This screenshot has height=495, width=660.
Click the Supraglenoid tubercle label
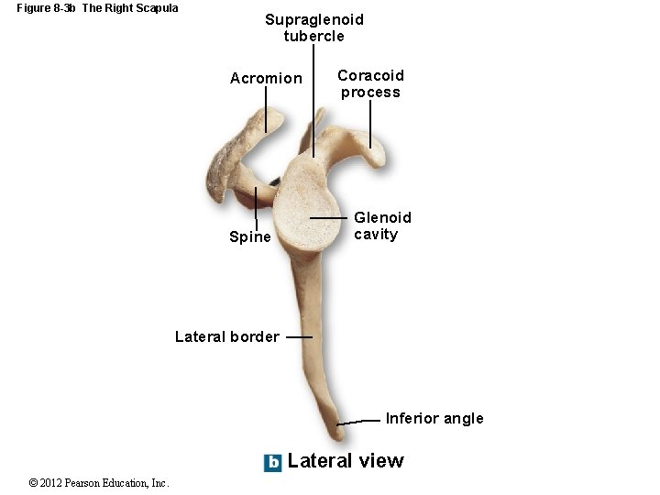(x=314, y=27)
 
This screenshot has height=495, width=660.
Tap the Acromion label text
(x=266, y=79)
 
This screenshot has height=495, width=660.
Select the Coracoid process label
(x=370, y=83)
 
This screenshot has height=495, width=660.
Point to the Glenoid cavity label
(x=382, y=225)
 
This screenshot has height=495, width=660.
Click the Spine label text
(x=250, y=237)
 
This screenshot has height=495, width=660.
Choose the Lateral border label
(x=227, y=336)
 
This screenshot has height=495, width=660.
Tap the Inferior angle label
(x=434, y=419)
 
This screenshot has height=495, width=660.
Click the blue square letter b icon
(x=273, y=463)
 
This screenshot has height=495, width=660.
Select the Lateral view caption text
(x=346, y=461)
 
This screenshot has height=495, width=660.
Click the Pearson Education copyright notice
(x=99, y=483)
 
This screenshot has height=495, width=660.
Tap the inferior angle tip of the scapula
(x=340, y=423)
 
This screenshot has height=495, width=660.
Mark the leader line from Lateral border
(x=299, y=336)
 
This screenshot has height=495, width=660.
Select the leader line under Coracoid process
(x=370, y=124)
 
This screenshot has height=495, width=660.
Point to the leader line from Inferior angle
(x=360, y=421)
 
